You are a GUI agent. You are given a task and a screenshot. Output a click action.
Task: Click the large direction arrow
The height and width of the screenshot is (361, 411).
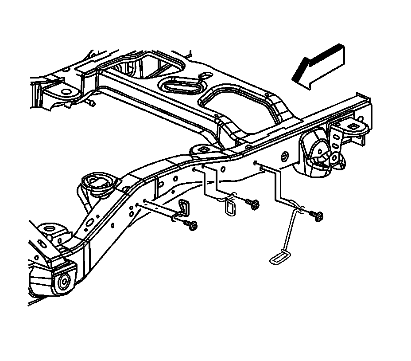[x=318, y=68]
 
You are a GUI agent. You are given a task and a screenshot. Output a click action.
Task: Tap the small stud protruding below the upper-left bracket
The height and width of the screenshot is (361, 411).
[x=92, y=104]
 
